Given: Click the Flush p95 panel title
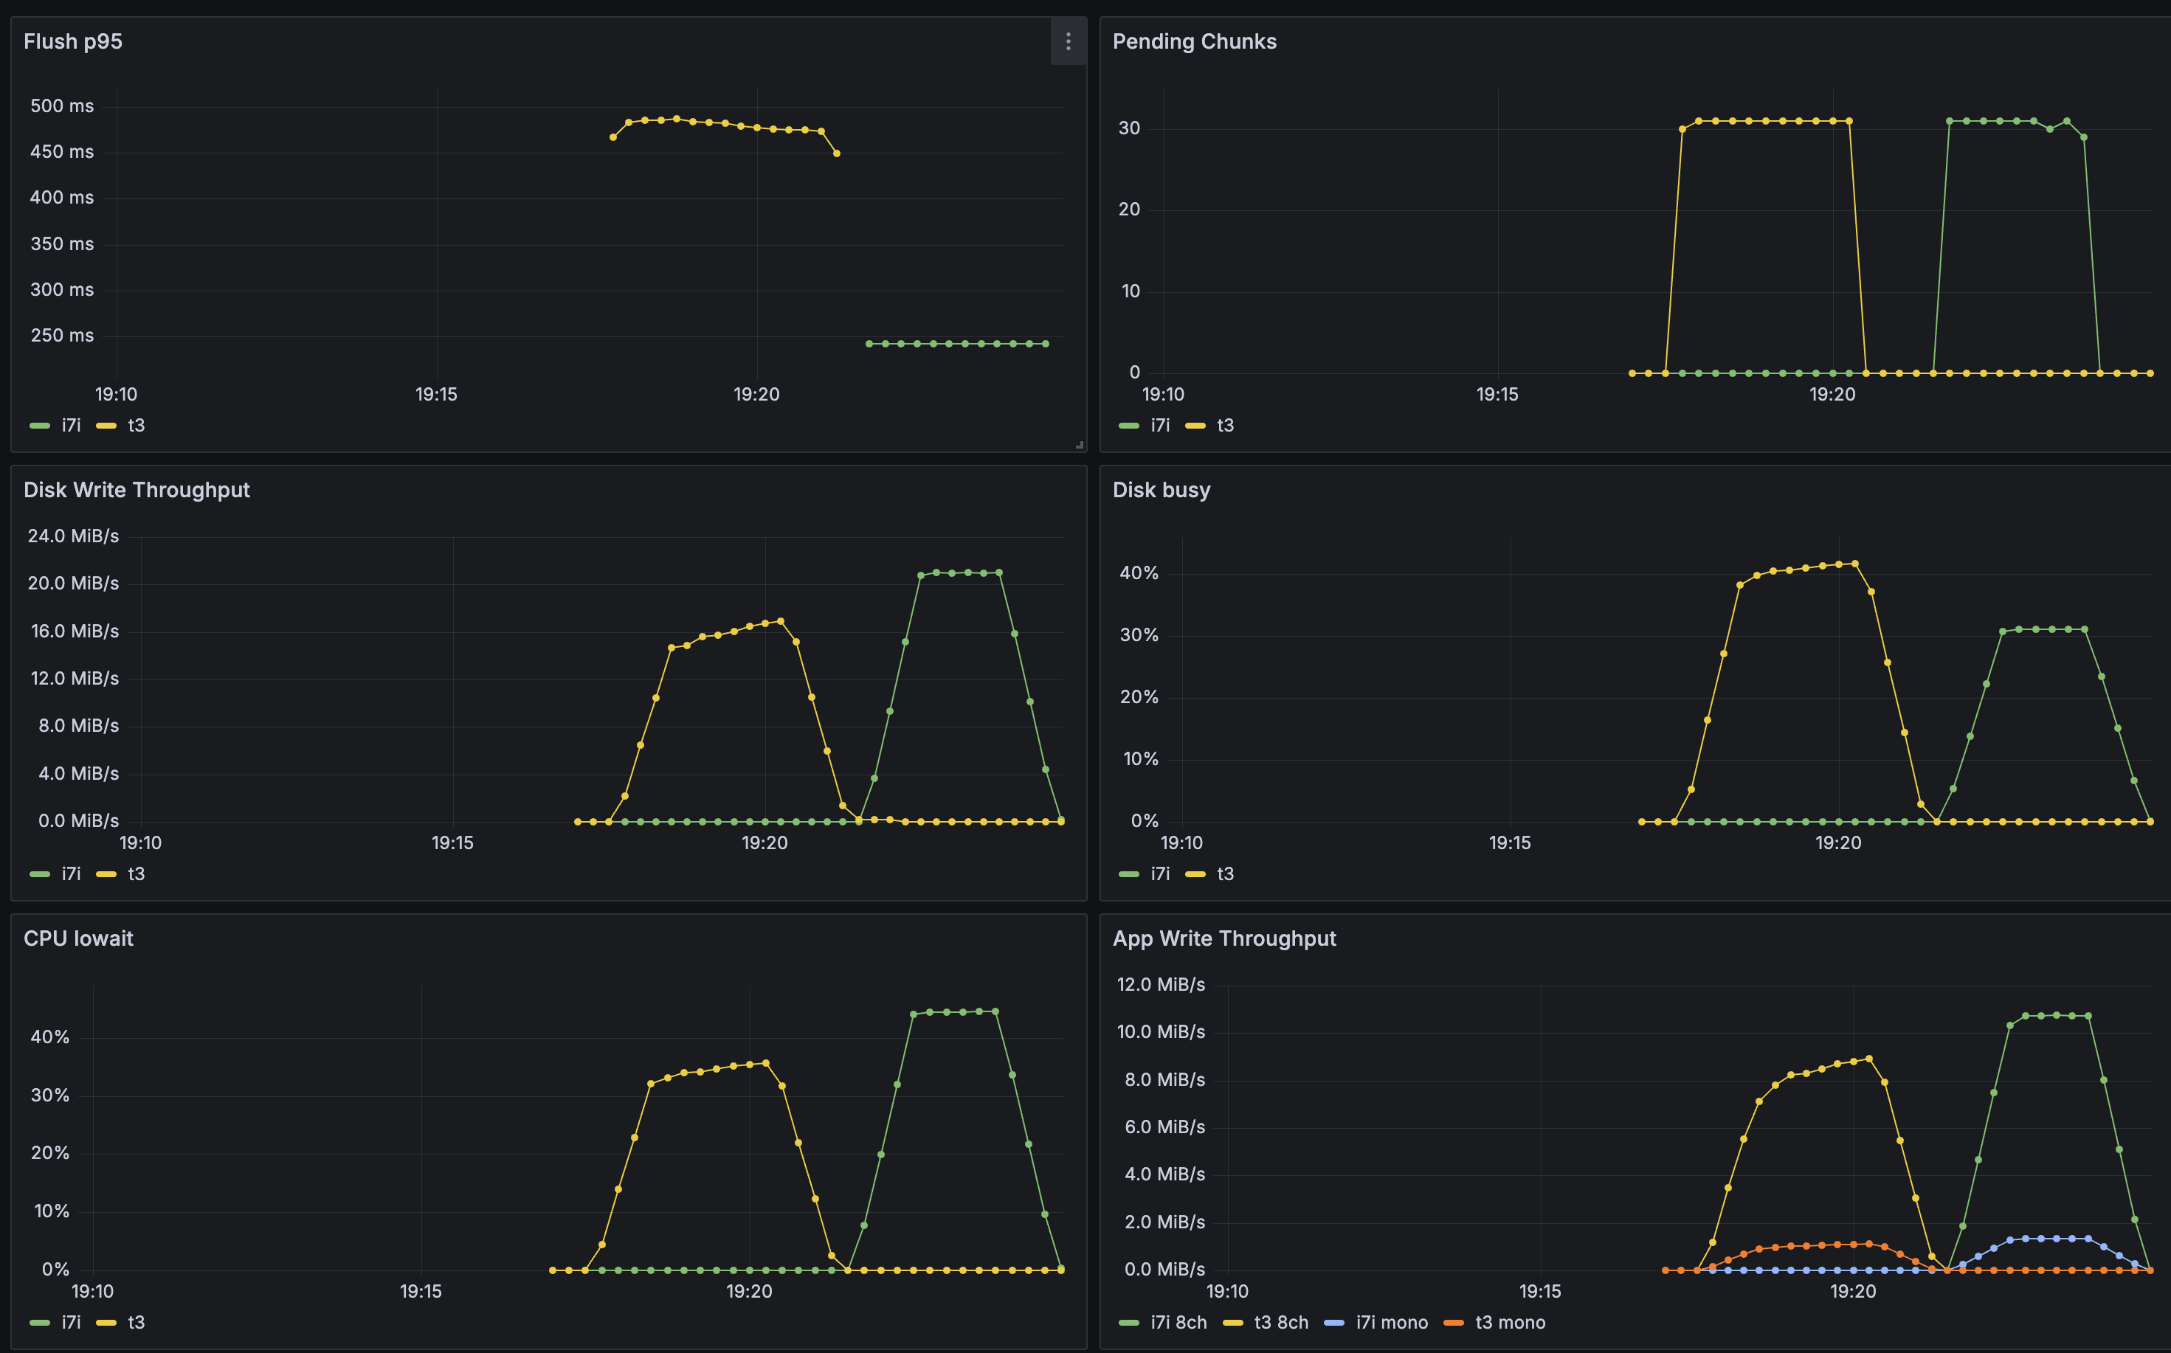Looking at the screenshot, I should pos(72,41).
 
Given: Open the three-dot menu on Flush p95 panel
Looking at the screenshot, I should pos(1068,41).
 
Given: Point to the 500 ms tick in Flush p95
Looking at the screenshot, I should pos(62,105).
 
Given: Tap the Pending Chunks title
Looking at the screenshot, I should pos(1194,41).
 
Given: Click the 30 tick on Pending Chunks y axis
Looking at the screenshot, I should pos(1129,128).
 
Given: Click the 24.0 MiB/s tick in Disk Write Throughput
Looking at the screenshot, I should pos(72,536).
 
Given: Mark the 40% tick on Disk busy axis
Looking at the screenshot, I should pos(1139,572).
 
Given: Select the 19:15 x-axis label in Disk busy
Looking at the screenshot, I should pos(1510,843).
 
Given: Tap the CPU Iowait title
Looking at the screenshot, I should pos(78,938).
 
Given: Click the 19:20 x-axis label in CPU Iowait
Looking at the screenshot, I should pos(749,1291).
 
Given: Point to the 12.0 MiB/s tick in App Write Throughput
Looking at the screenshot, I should pos(1161,984).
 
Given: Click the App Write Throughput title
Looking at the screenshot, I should pos(1223,938).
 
